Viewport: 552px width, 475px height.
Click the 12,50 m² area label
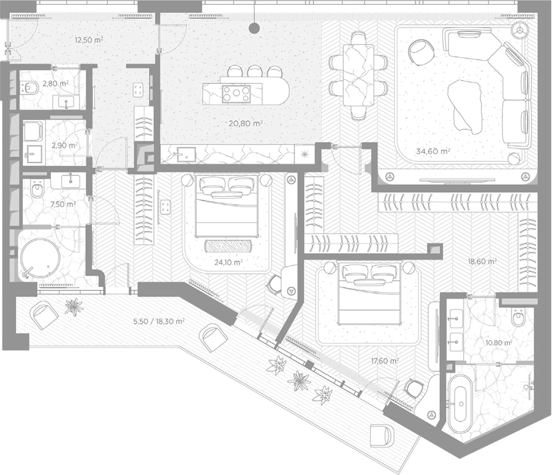(x=89, y=39)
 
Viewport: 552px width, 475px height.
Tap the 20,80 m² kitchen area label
(x=246, y=124)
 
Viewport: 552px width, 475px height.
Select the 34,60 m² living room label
(x=433, y=151)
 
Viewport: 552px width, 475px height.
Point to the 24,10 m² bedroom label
(x=229, y=262)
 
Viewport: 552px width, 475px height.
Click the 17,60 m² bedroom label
(x=385, y=361)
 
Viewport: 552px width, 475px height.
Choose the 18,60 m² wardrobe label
(x=482, y=262)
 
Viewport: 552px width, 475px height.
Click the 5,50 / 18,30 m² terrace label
(x=159, y=322)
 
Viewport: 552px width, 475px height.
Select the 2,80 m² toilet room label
(x=55, y=84)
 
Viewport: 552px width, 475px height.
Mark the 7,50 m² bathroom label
(x=63, y=204)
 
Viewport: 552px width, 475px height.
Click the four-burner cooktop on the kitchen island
(x=236, y=94)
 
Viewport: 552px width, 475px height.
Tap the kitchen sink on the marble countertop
(x=186, y=154)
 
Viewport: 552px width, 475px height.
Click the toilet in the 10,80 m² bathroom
(x=518, y=317)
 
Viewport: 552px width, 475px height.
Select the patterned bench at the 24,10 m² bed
(x=228, y=246)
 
